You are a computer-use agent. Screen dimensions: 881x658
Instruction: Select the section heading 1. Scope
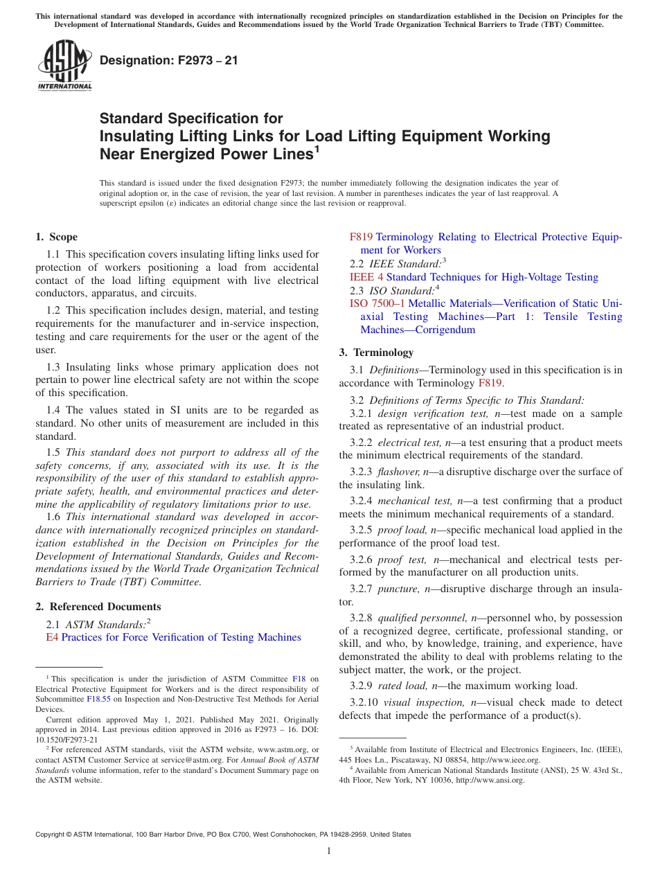pyautogui.click(x=57, y=237)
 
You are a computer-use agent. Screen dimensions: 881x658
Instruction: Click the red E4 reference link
pyautogui.click(x=52, y=637)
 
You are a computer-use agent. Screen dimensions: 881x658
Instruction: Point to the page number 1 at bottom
pyautogui.click(x=329, y=851)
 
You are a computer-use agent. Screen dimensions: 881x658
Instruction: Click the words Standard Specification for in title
pyautogui.click(x=191, y=118)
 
